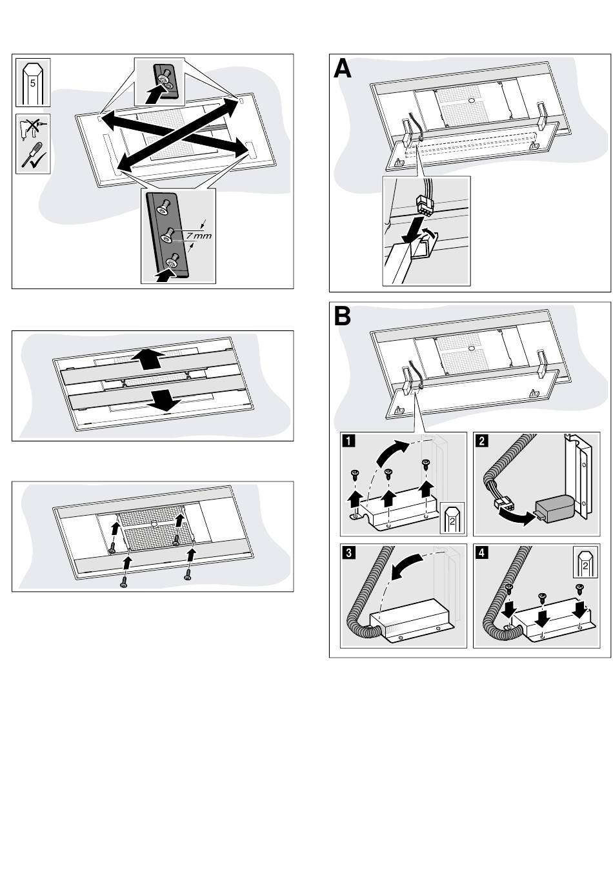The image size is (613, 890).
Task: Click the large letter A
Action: (x=343, y=68)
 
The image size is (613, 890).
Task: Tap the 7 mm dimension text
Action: (x=198, y=236)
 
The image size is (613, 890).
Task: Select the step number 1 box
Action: (x=348, y=441)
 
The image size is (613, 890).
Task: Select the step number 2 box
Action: (x=481, y=441)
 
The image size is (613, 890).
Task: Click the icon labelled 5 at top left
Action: (x=33, y=83)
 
